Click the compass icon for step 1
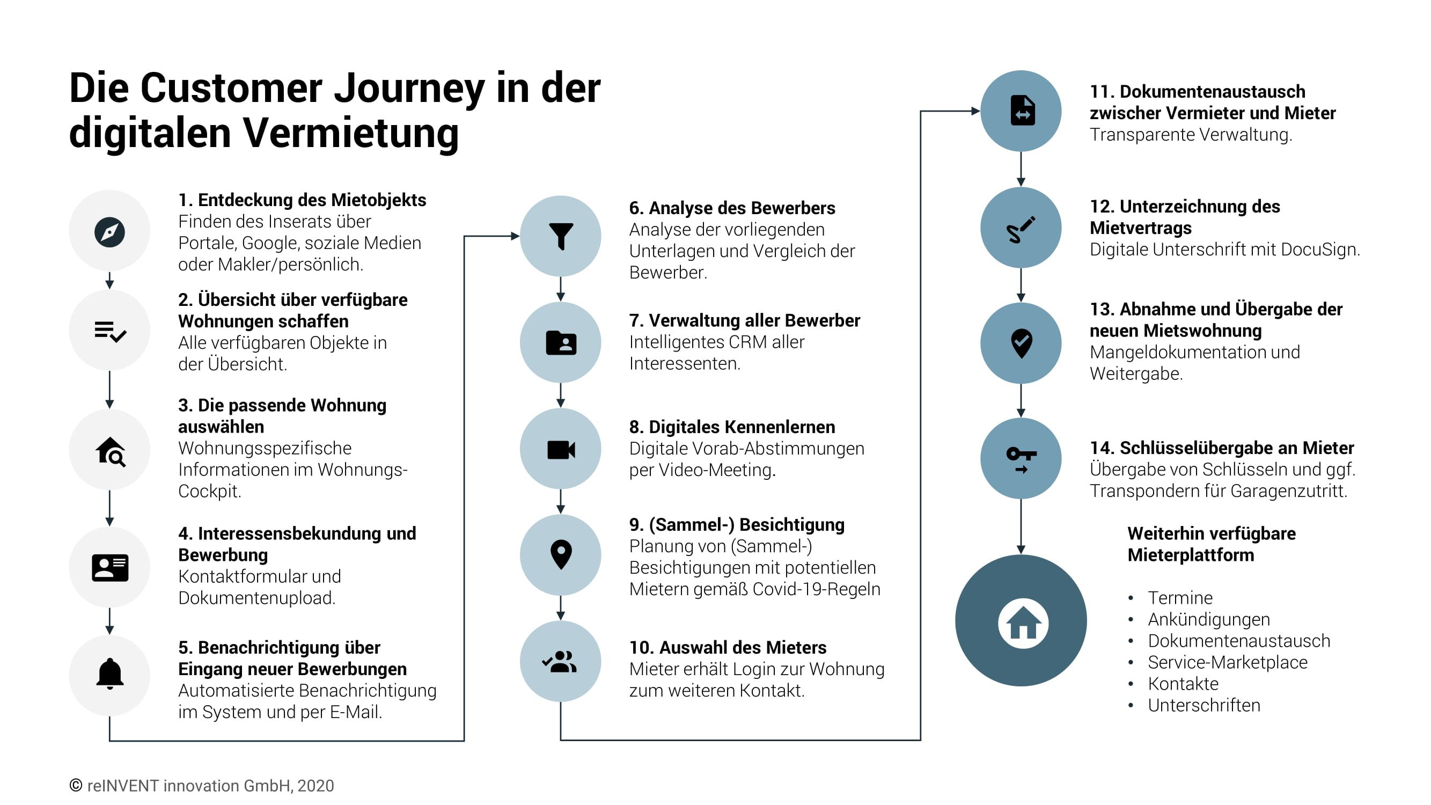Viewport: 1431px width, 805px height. (x=109, y=232)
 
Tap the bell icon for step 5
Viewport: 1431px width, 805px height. (x=109, y=674)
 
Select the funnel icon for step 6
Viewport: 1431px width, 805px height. (x=561, y=236)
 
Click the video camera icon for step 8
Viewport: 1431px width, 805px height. (x=561, y=449)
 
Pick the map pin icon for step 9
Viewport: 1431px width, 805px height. (x=561, y=554)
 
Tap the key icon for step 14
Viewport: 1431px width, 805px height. (x=1021, y=458)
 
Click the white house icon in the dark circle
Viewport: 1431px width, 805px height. (x=1023, y=623)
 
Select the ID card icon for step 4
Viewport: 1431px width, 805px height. (x=109, y=567)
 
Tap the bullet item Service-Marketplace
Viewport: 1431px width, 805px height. (x=1227, y=662)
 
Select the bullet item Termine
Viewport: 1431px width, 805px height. (x=1180, y=598)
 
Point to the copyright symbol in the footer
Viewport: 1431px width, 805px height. (x=76, y=785)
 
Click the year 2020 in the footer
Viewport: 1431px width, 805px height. (x=315, y=786)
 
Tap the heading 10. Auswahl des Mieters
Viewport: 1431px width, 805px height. (x=728, y=647)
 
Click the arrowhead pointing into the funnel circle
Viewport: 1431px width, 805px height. (x=515, y=236)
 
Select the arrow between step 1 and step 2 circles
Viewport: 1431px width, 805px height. (x=109, y=281)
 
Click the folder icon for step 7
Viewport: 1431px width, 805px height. (x=561, y=343)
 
